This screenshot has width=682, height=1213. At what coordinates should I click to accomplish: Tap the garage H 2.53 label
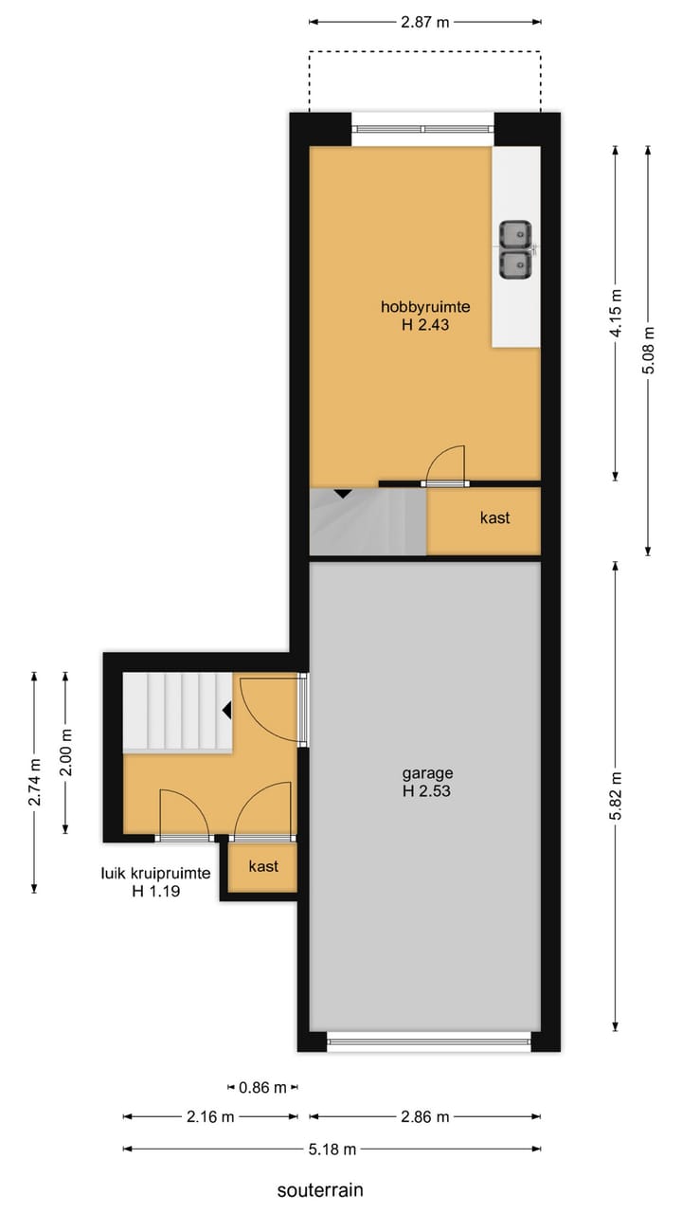(x=425, y=781)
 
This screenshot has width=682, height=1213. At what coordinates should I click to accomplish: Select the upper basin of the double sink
(x=516, y=233)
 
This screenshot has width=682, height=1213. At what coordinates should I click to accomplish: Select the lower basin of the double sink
(x=516, y=264)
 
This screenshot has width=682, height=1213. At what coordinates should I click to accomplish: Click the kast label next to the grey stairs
(x=494, y=517)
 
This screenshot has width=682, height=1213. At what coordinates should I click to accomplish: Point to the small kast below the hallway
(x=262, y=866)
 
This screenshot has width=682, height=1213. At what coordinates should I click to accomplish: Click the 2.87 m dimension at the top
(x=424, y=23)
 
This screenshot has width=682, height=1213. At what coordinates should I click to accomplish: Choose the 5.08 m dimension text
(x=649, y=350)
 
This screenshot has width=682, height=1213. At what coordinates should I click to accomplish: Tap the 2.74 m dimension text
(x=34, y=782)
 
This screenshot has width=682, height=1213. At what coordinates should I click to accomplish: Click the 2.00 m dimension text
(x=65, y=752)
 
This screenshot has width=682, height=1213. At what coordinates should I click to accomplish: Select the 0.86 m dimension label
(x=263, y=1088)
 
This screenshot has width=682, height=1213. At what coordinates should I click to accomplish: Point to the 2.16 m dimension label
(x=209, y=1117)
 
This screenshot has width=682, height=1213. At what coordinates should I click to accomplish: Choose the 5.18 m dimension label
(x=332, y=1150)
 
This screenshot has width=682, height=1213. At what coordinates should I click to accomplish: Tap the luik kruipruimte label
(x=155, y=874)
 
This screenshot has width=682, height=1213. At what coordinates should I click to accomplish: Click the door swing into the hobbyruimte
(x=446, y=466)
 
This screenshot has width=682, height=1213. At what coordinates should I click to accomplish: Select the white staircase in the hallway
(x=178, y=711)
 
